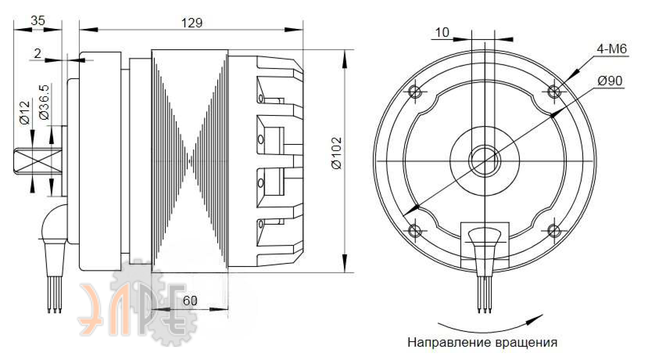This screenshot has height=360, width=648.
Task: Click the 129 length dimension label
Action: tap(192, 23)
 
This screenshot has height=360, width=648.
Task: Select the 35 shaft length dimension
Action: tap(38, 20)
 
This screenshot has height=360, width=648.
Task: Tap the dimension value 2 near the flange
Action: tap(38, 54)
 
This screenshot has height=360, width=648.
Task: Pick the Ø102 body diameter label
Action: tap(336, 153)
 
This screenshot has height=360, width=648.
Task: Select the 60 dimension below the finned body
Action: tap(190, 301)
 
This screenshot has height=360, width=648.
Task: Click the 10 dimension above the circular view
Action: tap(442, 33)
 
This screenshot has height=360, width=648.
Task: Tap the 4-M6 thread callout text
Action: tap(612, 49)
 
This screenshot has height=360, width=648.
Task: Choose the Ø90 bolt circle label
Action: tap(610, 81)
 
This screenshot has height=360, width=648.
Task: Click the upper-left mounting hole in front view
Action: tap(415, 92)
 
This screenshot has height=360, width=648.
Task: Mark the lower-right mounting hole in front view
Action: tap(554, 231)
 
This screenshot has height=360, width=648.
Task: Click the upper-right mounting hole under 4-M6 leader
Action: tap(554, 92)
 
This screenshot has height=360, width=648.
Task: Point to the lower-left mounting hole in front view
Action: tap(415, 231)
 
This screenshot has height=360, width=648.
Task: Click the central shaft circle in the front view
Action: tap(485, 161)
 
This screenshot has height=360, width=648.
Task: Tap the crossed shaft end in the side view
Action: tap(38, 161)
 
